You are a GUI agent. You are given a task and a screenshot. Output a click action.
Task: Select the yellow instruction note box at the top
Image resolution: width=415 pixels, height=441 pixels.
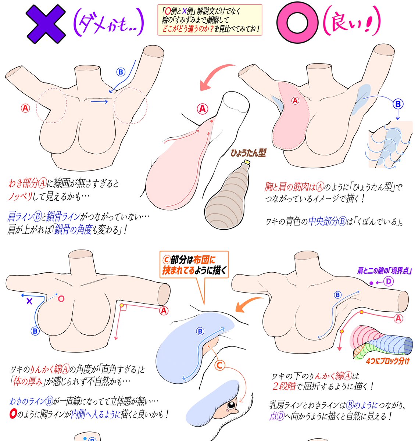pos(210,20)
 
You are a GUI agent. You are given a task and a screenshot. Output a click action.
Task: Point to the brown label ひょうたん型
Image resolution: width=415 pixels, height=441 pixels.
pos(248,153)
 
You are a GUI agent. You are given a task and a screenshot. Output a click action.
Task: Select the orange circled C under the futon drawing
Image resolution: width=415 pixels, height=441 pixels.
pos(219,365)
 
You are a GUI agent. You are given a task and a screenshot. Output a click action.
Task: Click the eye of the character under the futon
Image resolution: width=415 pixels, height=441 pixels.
pos(231,405)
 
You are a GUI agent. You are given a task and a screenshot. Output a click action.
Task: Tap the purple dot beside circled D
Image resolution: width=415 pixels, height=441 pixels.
pos(371,283)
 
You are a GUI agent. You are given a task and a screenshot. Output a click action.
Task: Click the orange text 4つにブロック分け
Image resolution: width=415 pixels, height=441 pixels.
pos(387,361)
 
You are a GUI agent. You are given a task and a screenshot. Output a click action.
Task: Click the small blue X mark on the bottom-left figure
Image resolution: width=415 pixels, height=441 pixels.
pos(30,301)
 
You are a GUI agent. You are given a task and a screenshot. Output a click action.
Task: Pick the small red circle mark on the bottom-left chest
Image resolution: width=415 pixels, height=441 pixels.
pos(61,298)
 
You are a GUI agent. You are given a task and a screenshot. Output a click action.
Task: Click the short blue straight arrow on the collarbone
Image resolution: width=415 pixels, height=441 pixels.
pos(99,101)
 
